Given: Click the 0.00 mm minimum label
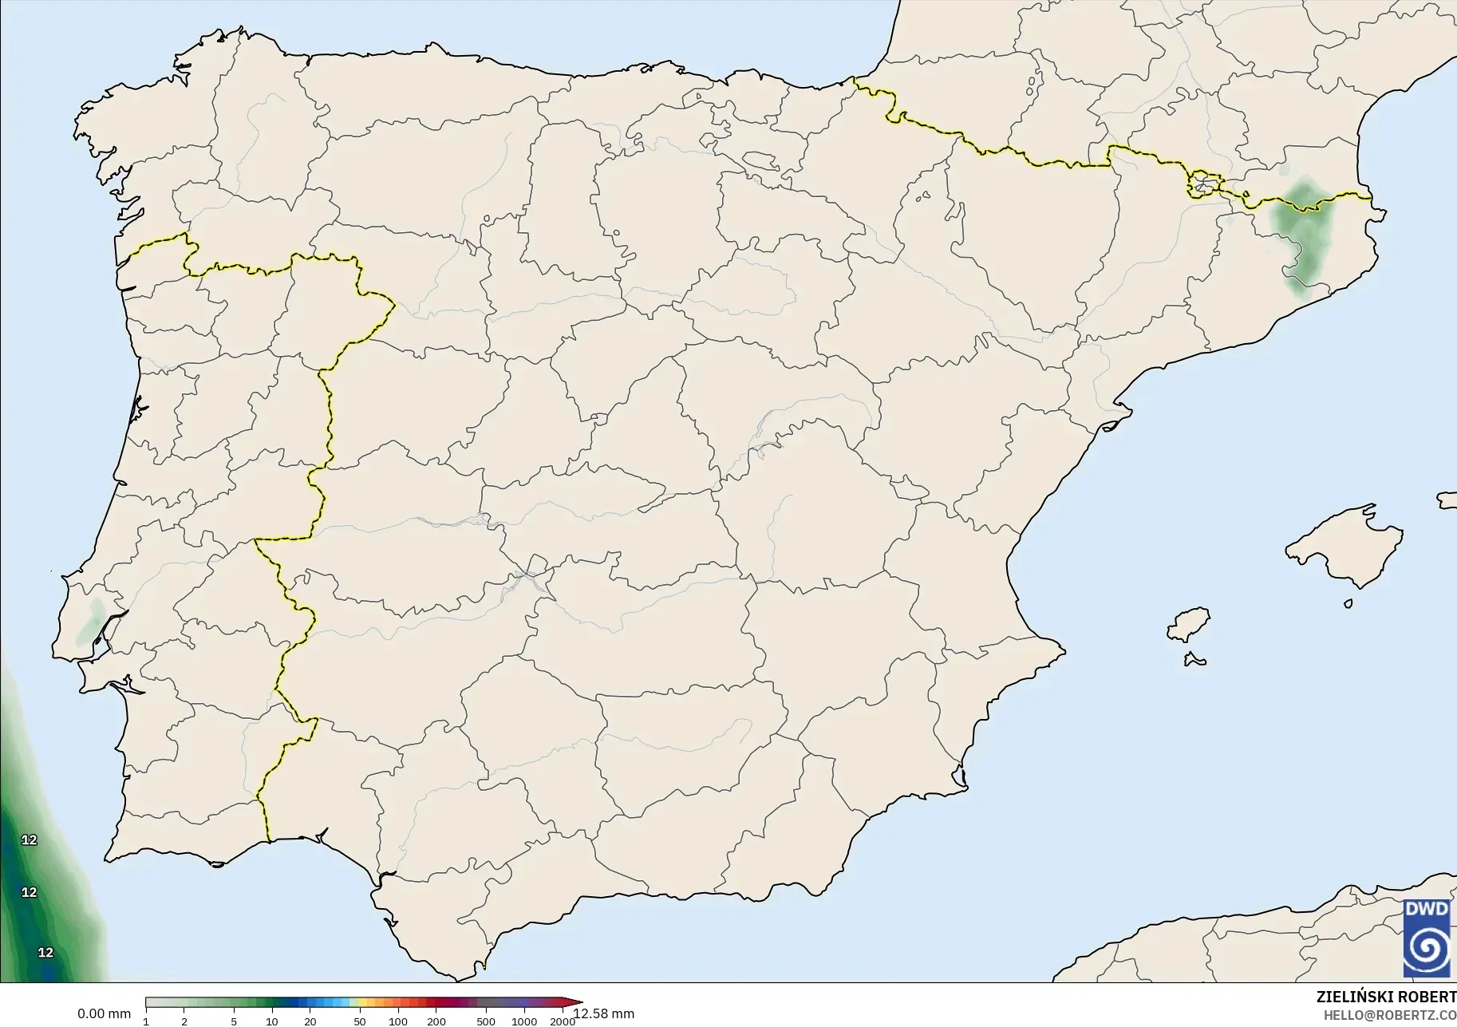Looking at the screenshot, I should (x=104, y=1014).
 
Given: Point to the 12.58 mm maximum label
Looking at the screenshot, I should (x=604, y=1014).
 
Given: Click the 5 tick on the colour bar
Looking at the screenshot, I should (x=234, y=1021).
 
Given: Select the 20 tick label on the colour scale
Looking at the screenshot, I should (x=310, y=1021).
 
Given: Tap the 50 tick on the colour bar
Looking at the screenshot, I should (x=360, y=1021).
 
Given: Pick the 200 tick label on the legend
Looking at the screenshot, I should (x=436, y=1021).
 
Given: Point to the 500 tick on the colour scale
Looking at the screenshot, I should (x=486, y=1021).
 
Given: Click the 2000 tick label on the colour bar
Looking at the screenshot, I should (x=563, y=1021).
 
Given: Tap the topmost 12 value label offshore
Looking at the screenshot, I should (x=30, y=840).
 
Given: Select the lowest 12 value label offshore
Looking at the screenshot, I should (x=46, y=953).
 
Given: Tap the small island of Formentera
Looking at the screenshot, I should (x=1195, y=660).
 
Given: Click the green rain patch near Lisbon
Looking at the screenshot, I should (x=90, y=620).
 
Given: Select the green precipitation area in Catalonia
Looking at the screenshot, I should (x=1301, y=231).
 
